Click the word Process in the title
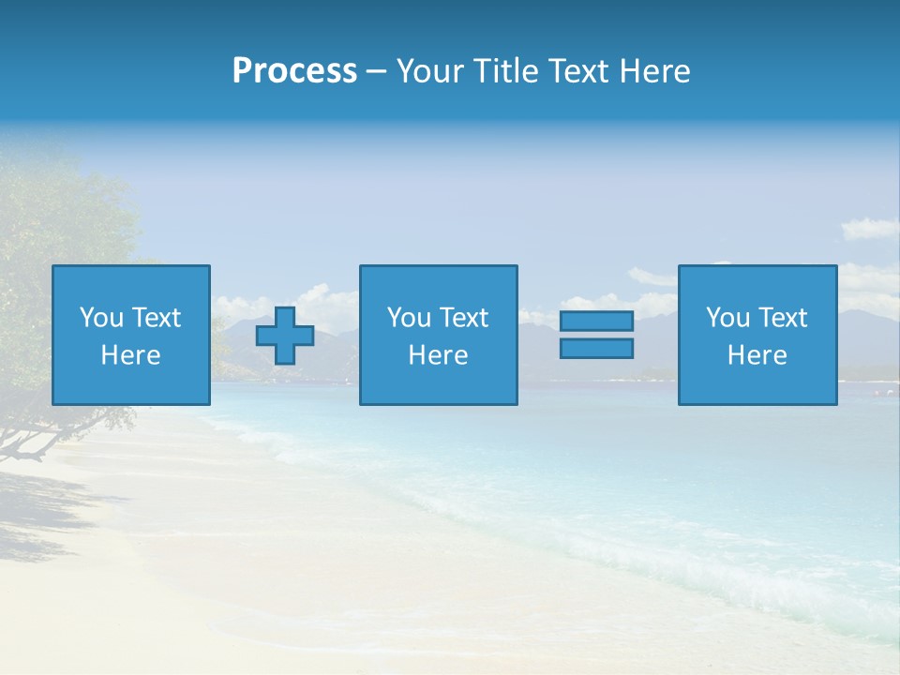coord(294,71)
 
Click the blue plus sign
coord(285,335)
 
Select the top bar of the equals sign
coord(596,321)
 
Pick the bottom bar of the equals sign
coord(596,349)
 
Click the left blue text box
coord(131,335)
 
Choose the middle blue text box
coord(438,335)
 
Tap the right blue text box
coord(757,335)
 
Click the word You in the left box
coord(102,318)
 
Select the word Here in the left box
coord(131,355)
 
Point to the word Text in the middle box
coord(464,318)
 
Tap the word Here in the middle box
coord(438,355)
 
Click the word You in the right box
coord(728,318)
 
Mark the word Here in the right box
coord(757,355)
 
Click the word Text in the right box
coord(783,318)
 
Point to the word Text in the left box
coord(157,318)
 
